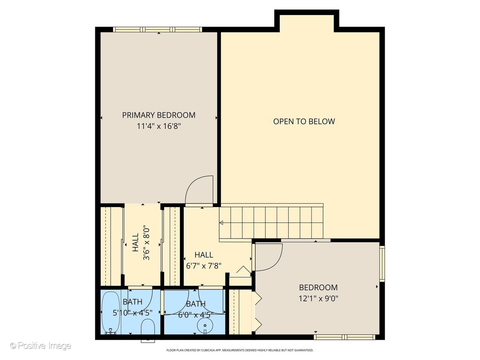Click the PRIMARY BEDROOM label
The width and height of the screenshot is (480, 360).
tap(159, 115)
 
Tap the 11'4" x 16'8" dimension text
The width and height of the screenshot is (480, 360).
tap(159, 126)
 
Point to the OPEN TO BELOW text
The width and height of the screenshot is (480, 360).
tap(304, 121)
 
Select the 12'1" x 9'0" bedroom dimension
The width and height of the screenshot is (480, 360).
tap(318, 298)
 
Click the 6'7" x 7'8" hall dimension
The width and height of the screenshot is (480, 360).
tap(204, 266)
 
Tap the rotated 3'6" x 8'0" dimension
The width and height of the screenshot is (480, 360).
tap(146, 243)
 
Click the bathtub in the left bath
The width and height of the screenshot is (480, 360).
tap(111, 313)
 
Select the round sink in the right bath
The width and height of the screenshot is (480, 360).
tap(205, 325)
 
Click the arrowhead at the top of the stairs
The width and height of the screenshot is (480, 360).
tap(221, 223)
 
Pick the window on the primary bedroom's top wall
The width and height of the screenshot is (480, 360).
tap(158, 30)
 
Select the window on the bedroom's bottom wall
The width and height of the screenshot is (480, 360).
tap(344, 337)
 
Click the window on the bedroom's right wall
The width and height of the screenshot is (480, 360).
tap(382, 264)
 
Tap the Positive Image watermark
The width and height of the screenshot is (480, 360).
tap(41, 346)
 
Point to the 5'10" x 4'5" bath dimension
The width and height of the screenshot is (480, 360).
tap(133, 313)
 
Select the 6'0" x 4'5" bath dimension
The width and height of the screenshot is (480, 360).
tap(196, 315)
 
